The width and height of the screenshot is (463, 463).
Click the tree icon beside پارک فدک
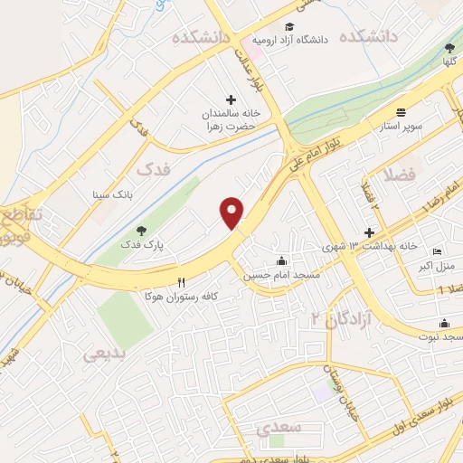(x=139, y=231)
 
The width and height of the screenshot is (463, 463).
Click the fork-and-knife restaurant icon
(x=182, y=281)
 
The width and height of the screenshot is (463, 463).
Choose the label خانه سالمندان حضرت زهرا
(x=231, y=119)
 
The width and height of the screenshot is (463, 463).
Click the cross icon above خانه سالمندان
(x=231, y=99)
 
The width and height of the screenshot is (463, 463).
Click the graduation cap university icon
(x=289, y=27)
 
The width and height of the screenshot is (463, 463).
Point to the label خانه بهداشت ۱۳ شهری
(x=360, y=246)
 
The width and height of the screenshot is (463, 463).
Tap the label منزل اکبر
(x=439, y=265)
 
